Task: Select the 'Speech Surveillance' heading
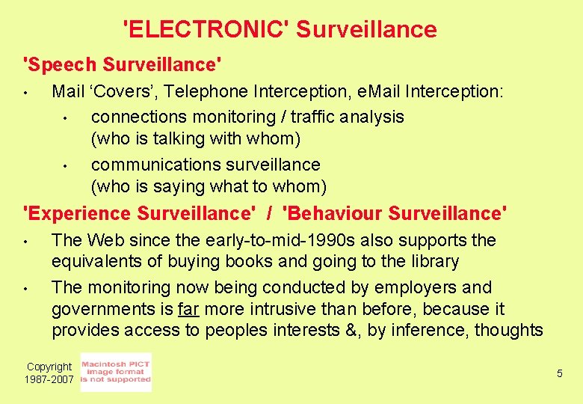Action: [123, 64]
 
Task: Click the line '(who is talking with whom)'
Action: [195, 138]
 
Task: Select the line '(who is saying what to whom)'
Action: [209, 186]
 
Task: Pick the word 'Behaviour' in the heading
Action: [338, 213]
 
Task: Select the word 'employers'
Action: [413, 287]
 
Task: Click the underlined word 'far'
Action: [188, 309]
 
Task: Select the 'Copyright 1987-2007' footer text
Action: [49, 373]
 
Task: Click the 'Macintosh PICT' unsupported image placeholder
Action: [116, 372]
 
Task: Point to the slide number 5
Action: [559, 373]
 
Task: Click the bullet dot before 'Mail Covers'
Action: [25, 94]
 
